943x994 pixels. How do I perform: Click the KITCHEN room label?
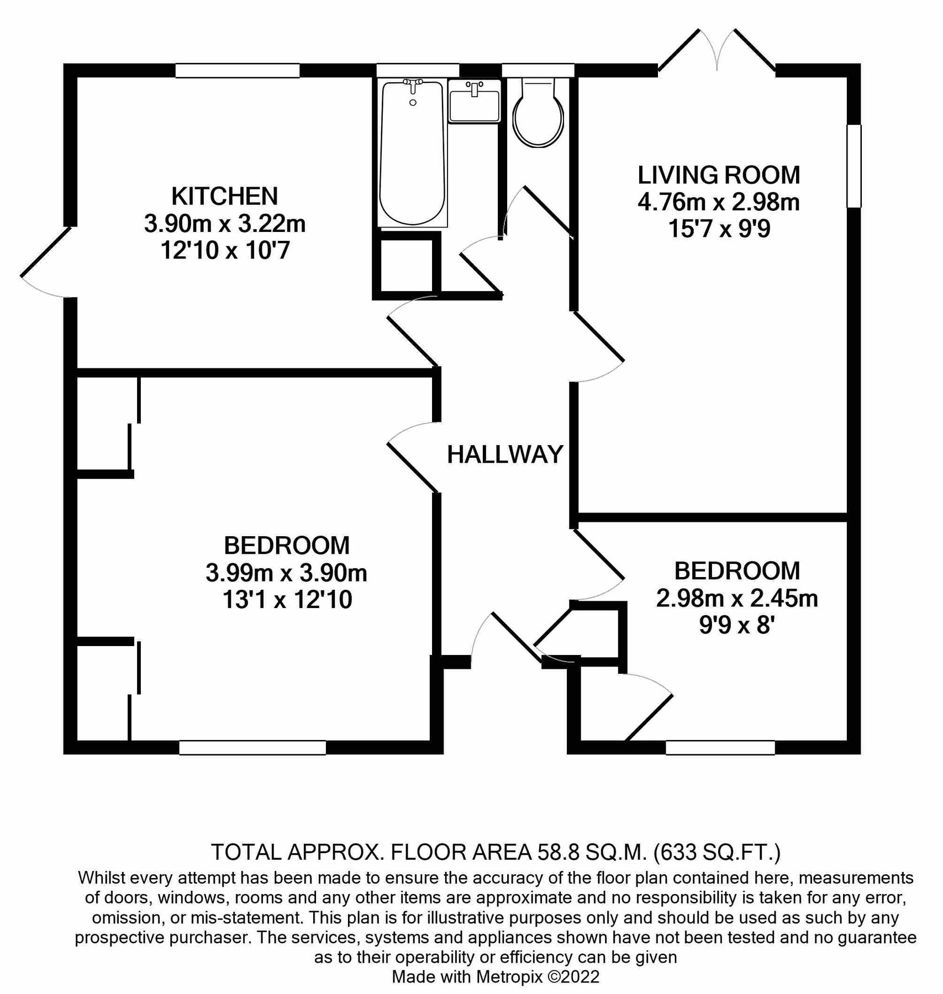(x=224, y=197)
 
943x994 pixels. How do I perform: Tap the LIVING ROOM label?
(x=718, y=175)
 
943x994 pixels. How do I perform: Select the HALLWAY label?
(x=505, y=454)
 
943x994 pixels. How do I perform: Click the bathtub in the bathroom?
(x=412, y=155)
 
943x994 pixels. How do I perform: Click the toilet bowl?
(x=538, y=119)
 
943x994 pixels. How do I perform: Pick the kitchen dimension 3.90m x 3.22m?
(x=224, y=224)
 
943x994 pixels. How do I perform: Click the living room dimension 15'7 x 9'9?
(x=719, y=229)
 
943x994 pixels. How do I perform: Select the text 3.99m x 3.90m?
(x=286, y=573)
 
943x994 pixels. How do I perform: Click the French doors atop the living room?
(x=717, y=52)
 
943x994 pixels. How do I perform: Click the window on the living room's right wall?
(x=854, y=166)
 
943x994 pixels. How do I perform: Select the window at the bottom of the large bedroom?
(x=252, y=747)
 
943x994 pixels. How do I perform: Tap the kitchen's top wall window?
(x=238, y=71)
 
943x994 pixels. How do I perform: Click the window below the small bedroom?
(x=720, y=747)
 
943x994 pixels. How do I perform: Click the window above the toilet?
(x=538, y=71)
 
